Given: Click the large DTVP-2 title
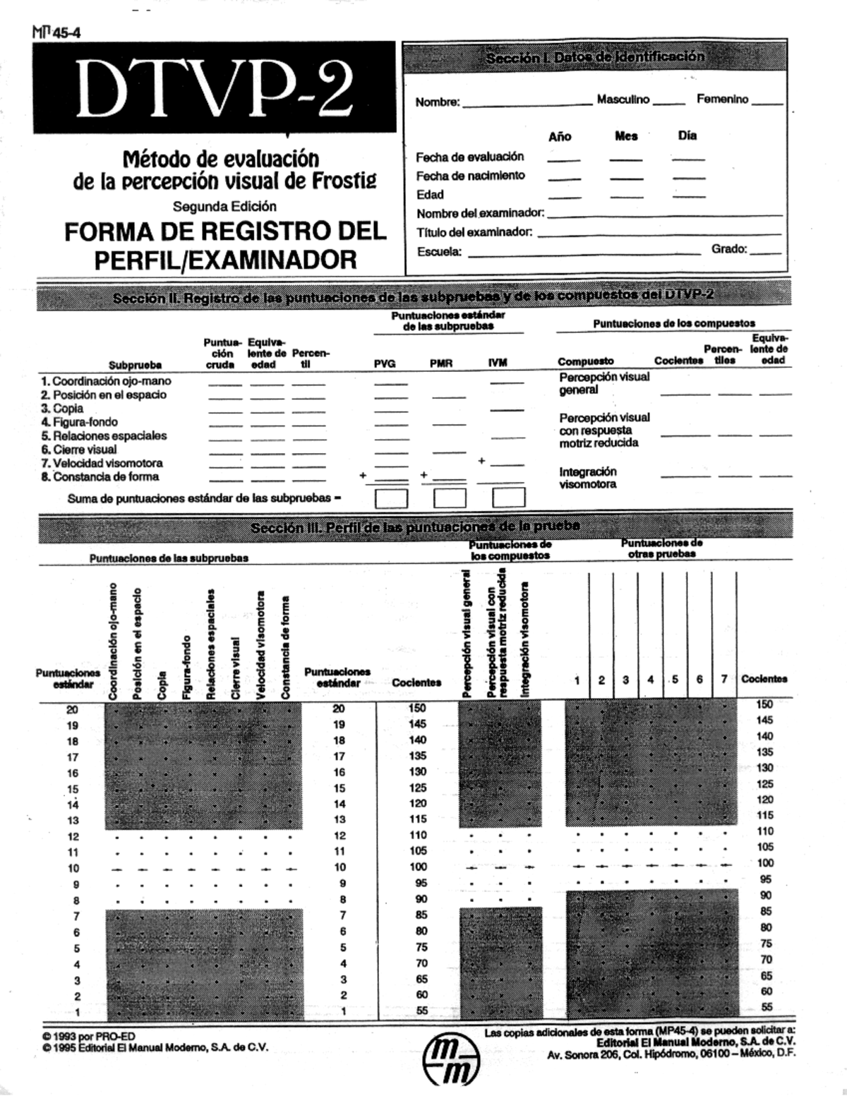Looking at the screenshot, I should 215,89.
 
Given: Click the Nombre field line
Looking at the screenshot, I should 527,104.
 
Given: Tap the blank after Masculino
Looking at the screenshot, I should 668,103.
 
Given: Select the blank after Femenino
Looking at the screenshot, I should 767,103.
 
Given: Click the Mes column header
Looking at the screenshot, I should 626,136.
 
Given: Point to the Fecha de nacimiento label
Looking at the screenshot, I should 470,176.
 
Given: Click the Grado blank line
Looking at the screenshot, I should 766,252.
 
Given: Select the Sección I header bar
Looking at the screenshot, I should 595,57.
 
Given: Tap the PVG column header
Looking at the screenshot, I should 385,363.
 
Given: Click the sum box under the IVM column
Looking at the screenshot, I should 508,498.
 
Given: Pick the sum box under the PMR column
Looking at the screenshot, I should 450,498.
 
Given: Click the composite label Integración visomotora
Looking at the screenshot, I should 588,478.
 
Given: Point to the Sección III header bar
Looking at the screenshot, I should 415,526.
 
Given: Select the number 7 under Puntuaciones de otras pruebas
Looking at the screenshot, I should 723,680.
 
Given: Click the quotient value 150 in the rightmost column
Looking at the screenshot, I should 764,704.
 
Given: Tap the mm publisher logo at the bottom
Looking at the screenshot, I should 452,1059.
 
